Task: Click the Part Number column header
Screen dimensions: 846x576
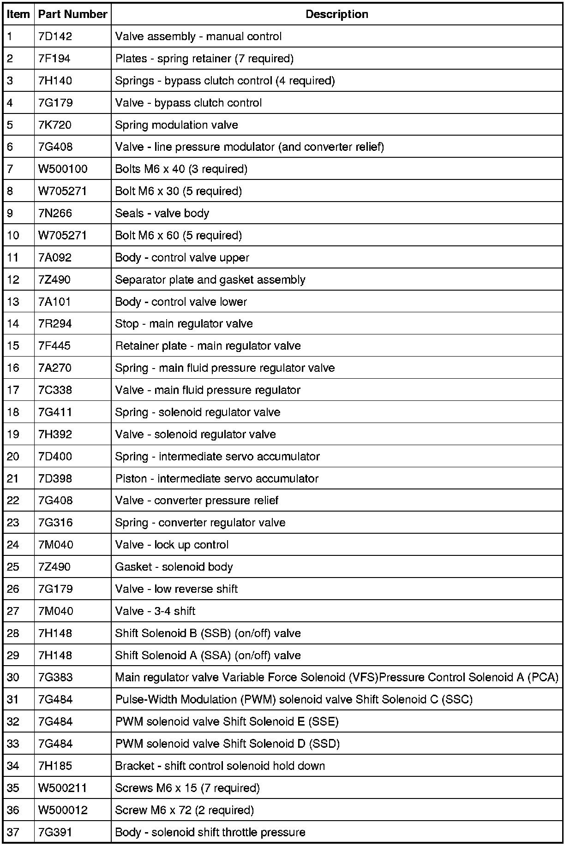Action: (72, 14)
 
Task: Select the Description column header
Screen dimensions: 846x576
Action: (336, 14)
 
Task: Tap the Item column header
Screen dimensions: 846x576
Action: (18, 14)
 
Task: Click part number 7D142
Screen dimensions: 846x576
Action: (55, 36)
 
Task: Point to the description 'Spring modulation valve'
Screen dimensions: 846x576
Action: (176, 125)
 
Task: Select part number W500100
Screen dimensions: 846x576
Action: (63, 169)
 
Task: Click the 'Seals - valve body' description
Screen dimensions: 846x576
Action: (162, 214)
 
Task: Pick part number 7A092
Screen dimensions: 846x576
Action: (55, 257)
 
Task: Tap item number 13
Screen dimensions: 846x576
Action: (13, 302)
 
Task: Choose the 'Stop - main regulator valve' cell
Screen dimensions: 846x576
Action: (184, 324)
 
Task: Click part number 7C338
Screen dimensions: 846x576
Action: (55, 390)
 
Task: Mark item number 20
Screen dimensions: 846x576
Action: (13, 457)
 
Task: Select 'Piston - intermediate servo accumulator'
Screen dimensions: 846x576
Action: (216, 479)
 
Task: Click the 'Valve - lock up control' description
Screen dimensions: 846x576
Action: (172, 545)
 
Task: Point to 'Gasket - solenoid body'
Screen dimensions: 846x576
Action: (174, 567)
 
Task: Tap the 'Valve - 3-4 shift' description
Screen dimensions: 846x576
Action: (155, 611)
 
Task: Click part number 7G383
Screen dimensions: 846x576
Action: (55, 678)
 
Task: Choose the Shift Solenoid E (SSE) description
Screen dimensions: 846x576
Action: (227, 722)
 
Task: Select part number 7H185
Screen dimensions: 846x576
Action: (55, 766)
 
